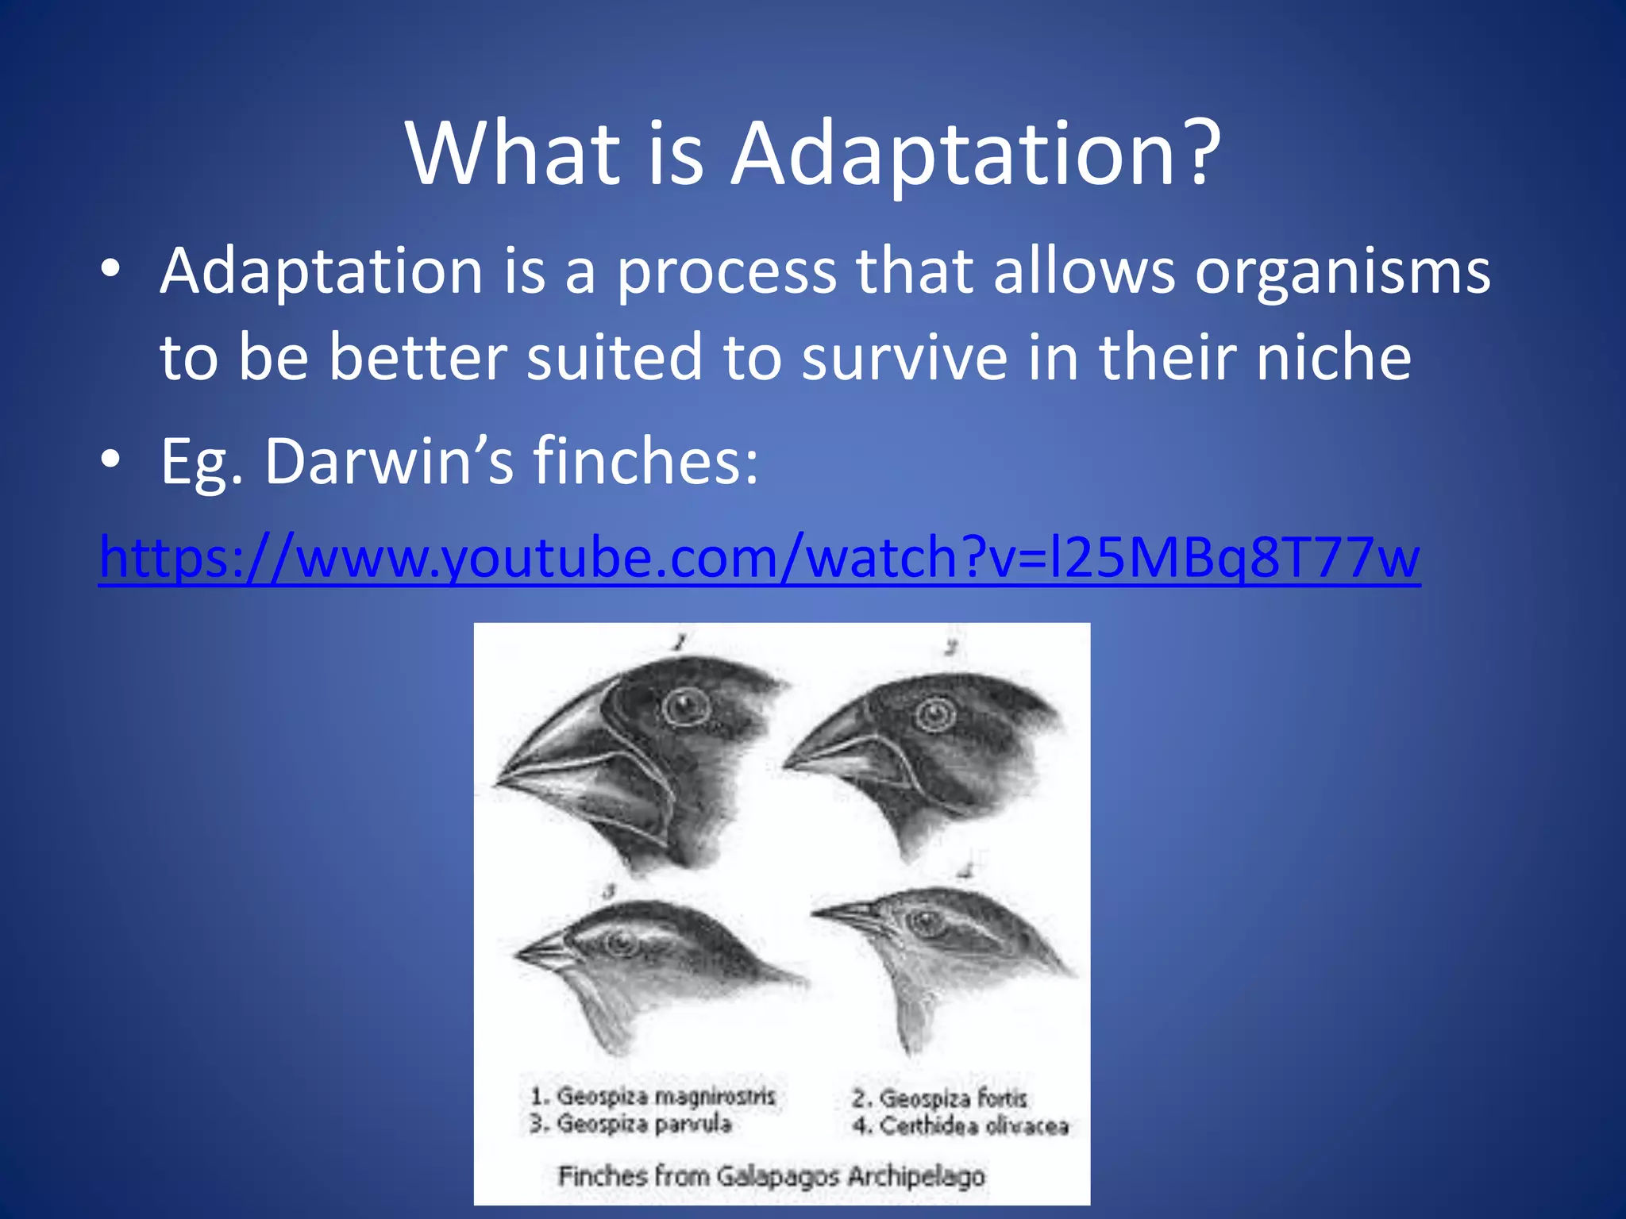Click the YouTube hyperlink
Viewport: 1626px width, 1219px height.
coord(758,558)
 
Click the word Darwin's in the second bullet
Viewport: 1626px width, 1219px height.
coord(389,461)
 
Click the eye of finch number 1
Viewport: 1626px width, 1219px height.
coord(684,706)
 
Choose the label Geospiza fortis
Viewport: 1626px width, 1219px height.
coord(940,1099)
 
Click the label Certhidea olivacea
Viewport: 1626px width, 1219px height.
coord(961,1126)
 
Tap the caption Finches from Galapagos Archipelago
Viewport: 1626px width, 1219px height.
coord(771,1175)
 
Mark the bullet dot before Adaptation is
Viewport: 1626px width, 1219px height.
coord(111,269)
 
